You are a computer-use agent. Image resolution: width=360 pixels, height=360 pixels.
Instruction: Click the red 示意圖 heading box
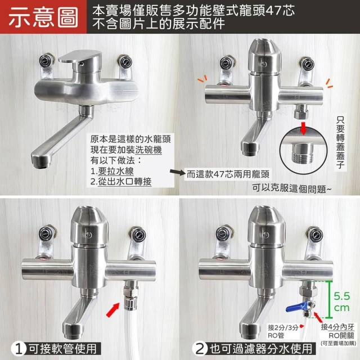(43, 17)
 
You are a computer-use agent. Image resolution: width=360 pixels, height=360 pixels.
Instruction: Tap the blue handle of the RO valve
(296, 307)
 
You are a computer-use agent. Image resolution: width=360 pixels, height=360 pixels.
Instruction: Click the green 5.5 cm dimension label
(341, 301)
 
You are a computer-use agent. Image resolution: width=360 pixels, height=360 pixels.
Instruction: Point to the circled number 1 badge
(19, 349)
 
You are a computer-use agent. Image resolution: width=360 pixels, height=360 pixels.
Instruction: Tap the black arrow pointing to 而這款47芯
(178, 172)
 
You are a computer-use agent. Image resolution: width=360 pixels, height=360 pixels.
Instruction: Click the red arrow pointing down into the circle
(304, 128)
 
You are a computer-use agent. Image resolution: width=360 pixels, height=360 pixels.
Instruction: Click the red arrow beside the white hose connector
(113, 310)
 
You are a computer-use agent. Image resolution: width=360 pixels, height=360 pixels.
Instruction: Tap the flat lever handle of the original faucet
(79, 56)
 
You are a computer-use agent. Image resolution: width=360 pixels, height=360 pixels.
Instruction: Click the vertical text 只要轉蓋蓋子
(340, 142)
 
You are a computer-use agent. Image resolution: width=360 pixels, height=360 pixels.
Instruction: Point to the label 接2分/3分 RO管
(283, 331)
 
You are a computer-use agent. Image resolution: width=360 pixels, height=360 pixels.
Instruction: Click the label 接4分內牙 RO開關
(337, 331)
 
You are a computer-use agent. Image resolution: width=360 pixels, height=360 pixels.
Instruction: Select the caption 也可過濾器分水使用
(261, 349)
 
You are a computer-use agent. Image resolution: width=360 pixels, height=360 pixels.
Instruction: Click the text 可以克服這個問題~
(291, 189)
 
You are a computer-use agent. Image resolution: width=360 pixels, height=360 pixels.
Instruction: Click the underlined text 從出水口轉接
(125, 182)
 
